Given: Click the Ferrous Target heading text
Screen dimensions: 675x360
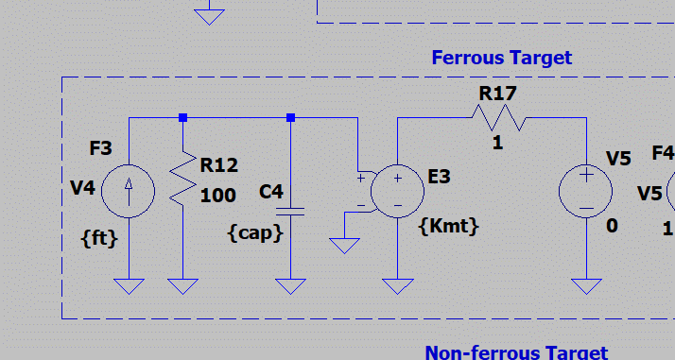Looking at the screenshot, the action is click(x=501, y=58).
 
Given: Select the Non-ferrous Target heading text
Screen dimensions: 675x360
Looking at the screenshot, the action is click(x=516, y=352).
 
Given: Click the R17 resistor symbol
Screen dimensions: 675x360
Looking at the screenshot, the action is click(x=499, y=117).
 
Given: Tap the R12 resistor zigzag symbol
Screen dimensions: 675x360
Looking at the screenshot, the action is click(x=183, y=178).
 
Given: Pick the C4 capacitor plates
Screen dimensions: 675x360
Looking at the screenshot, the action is click(x=290, y=212).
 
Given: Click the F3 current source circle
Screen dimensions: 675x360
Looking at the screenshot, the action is click(x=129, y=191).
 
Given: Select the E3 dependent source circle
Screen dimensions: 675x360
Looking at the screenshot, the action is click(x=397, y=191).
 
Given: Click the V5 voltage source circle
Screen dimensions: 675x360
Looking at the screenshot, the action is click(x=586, y=191).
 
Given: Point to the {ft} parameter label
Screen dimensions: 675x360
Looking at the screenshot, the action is click(x=99, y=238).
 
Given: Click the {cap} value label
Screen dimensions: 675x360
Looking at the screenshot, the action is click(x=255, y=233).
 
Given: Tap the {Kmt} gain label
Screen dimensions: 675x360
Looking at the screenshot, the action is click(x=448, y=226).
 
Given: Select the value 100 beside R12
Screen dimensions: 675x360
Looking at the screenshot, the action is click(x=217, y=196).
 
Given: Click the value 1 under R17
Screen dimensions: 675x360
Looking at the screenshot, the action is click(x=497, y=143).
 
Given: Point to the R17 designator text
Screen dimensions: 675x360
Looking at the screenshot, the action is click(x=497, y=94).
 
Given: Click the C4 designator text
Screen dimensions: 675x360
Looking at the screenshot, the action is click(x=271, y=192).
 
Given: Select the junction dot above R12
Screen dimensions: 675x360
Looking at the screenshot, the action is click(x=183, y=117).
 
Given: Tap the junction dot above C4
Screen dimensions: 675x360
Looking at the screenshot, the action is click(x=290, y=117).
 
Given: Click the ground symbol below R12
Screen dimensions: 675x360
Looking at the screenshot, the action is click(x=183, y=286).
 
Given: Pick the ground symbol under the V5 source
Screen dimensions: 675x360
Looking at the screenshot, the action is click(x=586, y=286).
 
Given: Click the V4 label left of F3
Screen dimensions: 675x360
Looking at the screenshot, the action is click(x=82, y=188).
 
